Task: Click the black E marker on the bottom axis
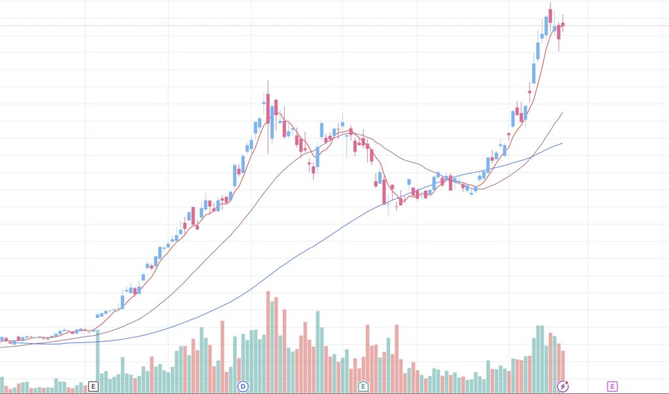93,386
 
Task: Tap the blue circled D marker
243,386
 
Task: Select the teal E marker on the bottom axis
363,386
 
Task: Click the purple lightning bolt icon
563,386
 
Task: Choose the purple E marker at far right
612,386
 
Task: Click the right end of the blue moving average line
562,143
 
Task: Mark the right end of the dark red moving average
562,113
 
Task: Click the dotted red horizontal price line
327,25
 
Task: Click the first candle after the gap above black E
98,316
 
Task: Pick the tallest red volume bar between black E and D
222,356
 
